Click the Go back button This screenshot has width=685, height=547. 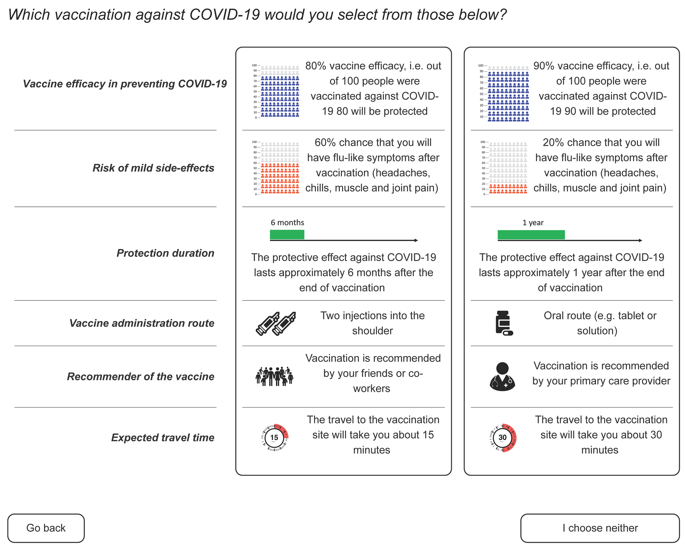point(46,528)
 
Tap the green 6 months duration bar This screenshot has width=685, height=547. point(287,234)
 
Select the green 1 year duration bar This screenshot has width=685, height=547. point(531,235)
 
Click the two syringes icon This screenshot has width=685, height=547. point(276,323)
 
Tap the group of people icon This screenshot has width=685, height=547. point(274,376)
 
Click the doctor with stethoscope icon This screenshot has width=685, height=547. point(502,376)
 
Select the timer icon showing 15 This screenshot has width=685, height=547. point(275,437)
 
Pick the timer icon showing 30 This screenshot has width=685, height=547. point(502,437)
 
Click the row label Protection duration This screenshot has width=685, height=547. point(165,253)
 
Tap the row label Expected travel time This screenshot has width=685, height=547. point(162,437)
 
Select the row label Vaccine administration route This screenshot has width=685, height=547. point(142,323)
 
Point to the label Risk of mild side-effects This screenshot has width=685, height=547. point(153,168)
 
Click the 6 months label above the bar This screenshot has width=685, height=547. point(287,223)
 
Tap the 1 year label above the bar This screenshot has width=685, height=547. point(533,223)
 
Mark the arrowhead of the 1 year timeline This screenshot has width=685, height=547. point(640,240)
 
